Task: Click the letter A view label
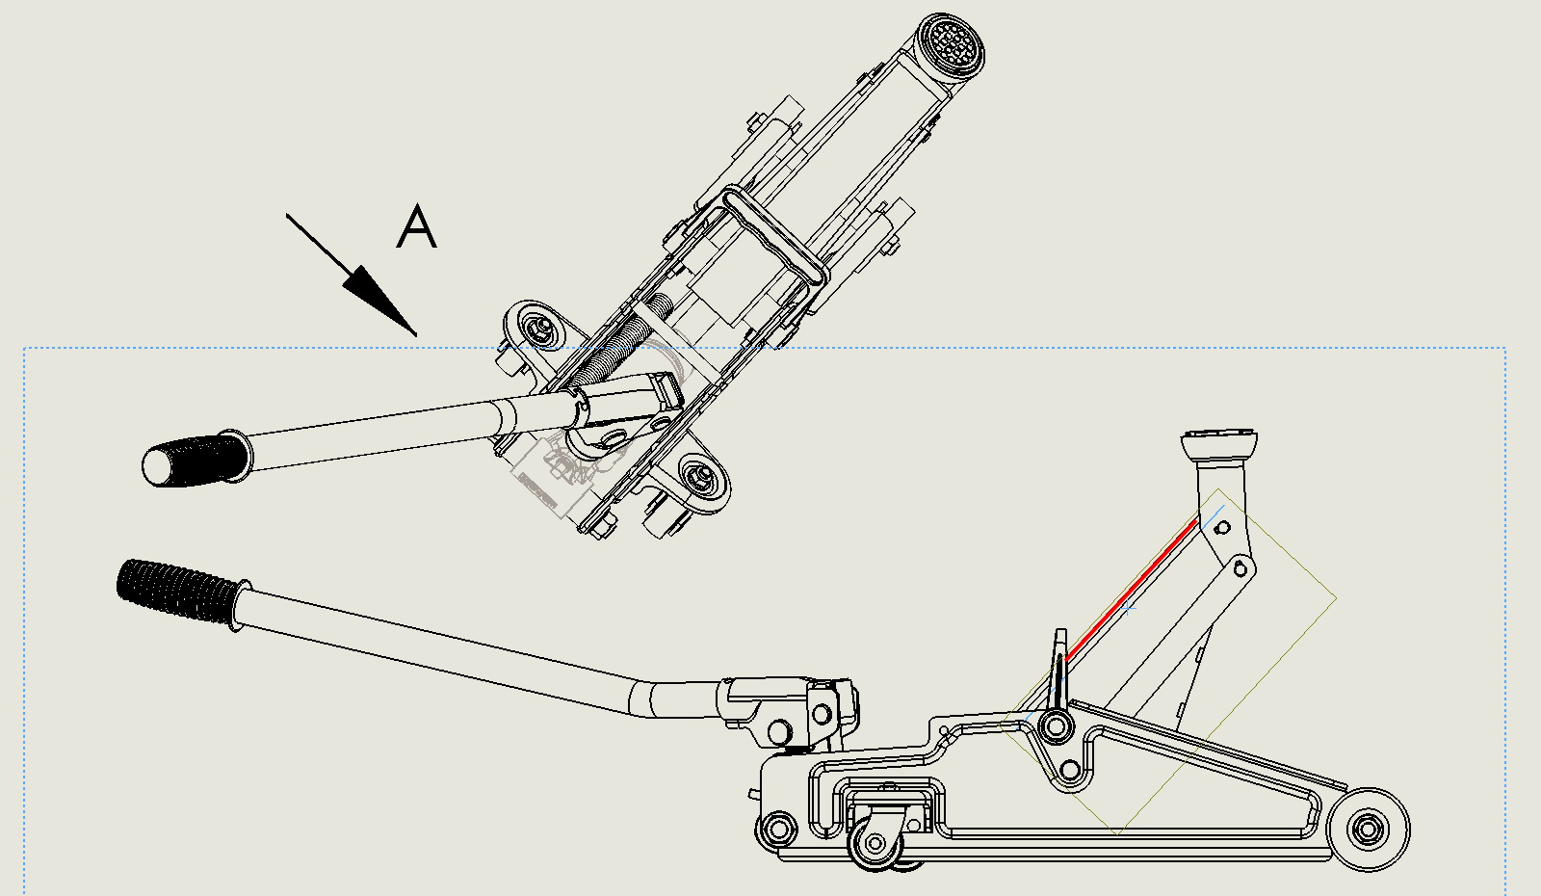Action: [x=417, y=227]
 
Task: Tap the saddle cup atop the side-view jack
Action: [x=1220, y=445]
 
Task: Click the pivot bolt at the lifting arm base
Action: [x=1057, y=725]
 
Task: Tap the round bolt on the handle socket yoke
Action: [x=822, y=714]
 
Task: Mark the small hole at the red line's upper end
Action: [x=1222, y=528]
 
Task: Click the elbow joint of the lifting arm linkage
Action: [x=1243, y=567]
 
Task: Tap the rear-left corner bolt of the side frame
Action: [x=777, y=828]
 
